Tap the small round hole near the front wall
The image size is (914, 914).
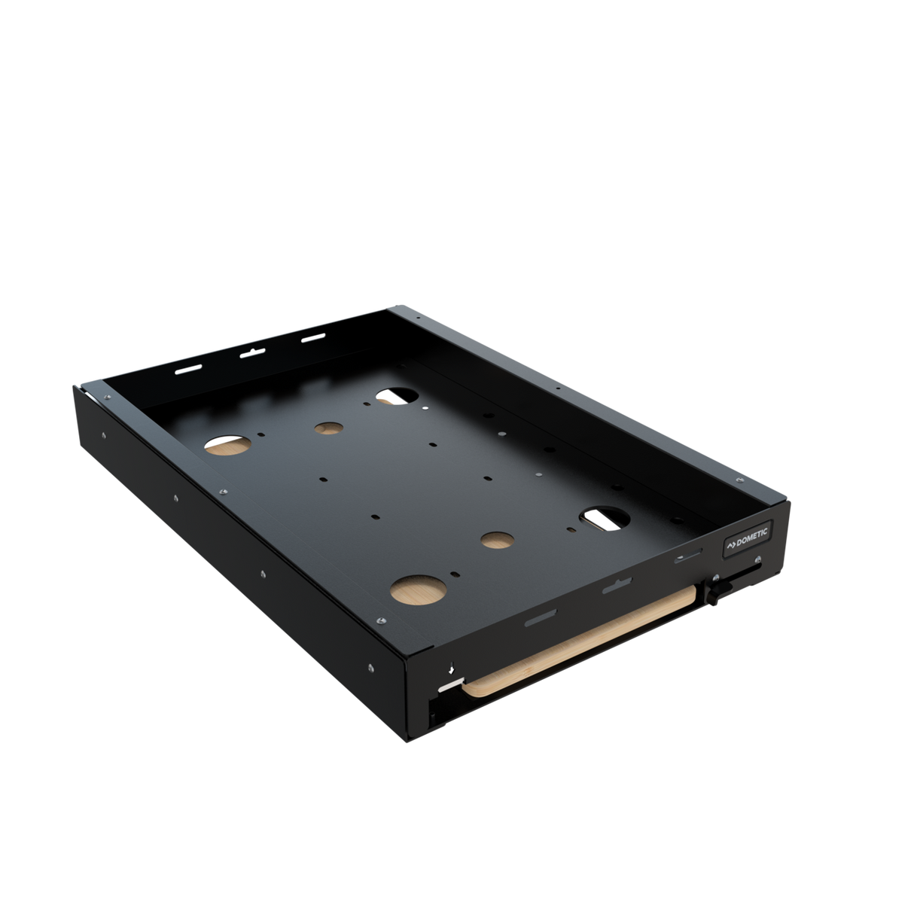495,540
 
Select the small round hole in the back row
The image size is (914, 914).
327,428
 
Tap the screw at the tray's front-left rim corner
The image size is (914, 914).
382,620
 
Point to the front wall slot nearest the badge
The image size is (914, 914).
687,557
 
